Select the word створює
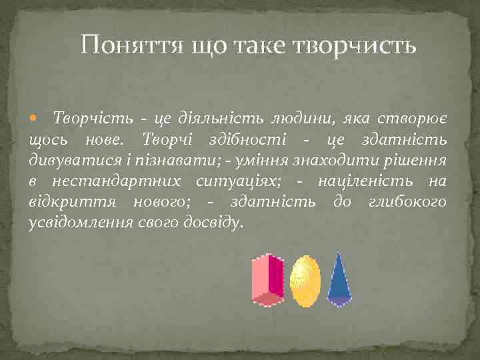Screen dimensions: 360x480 pyautogui.click(x=414, y=119)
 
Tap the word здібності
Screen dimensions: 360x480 pyautogui.click(x=246, y=139)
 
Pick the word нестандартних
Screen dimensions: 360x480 pyautogui.click(x=117, y=181)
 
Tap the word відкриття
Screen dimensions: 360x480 pyautogui.click(x=63, y=201)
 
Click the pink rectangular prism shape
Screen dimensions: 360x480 pyautogui.click(x=267, y=279)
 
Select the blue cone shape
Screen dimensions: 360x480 pyautogui.click(x=339, y=280)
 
